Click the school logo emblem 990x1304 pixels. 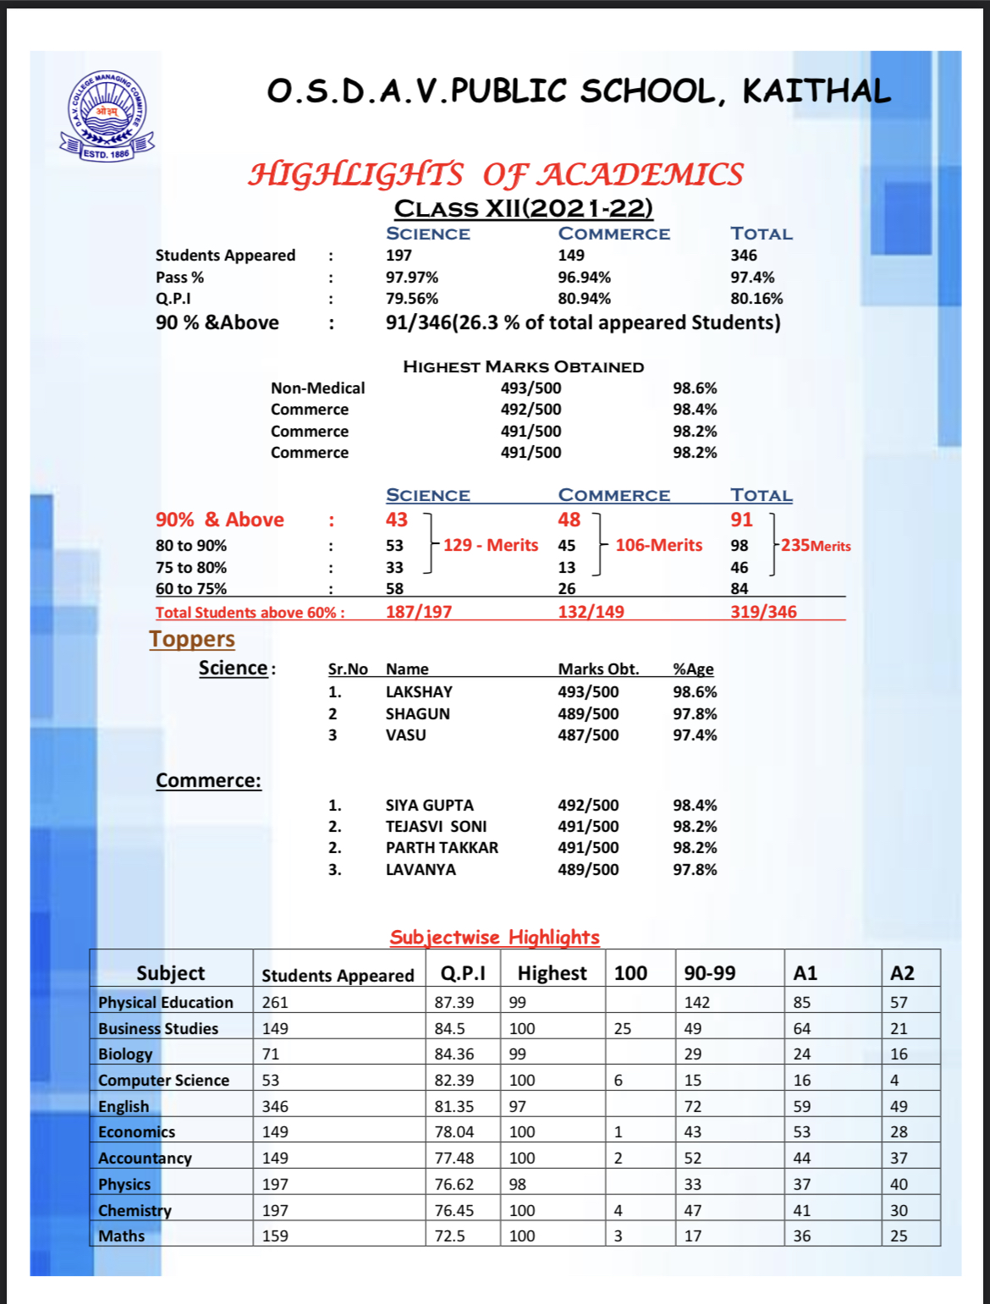pos(107,116)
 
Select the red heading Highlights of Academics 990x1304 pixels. pos(496,174)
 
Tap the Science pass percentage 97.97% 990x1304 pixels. pos(412,278)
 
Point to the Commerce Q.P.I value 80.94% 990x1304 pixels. pos(584,299)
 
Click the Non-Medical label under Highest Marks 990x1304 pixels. pos(317,388)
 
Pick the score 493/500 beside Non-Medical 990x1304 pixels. pos(531,388)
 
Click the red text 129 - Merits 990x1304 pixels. pos(491,545)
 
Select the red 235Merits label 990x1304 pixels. pos(816,546)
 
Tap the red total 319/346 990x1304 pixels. pos(763,612)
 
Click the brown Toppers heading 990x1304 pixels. pos(192,640)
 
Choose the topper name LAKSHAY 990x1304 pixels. pos(419,692)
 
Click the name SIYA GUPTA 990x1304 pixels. pos(429,806)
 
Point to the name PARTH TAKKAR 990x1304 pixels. pos(442,848)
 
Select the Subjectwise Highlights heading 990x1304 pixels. pos(494,938)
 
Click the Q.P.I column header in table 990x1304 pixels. pos(463,974)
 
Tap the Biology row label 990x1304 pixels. pos(125,1054)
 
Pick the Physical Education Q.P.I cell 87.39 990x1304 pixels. pos(454,1003)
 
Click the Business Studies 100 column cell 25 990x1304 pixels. pos(623,1029)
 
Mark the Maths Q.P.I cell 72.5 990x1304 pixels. pos(450,1236)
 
